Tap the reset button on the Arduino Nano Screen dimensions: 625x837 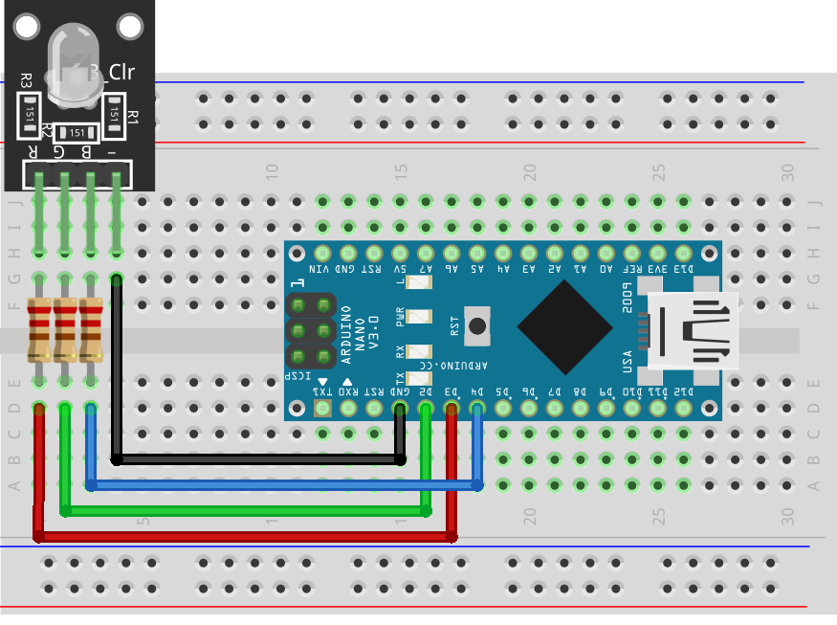[x=476, y=326]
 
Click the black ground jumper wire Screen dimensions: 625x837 [x=256, y=459]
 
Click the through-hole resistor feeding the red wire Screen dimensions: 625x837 [x=39, y=330]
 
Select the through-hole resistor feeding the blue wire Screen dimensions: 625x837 [x=91, y=330]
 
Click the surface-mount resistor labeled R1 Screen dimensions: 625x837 [x=116, y=114]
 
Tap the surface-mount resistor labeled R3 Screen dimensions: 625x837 [x=31, y=114]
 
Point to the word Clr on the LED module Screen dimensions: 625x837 [x=121, y=72]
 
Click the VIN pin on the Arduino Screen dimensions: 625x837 [x=322, y=254]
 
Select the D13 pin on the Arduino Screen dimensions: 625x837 [x=683, y=254]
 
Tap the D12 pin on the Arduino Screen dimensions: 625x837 [x=683, y=409]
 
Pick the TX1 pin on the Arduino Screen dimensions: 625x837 [x=322, y=409]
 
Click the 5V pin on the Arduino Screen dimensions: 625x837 [x=400, y=254]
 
